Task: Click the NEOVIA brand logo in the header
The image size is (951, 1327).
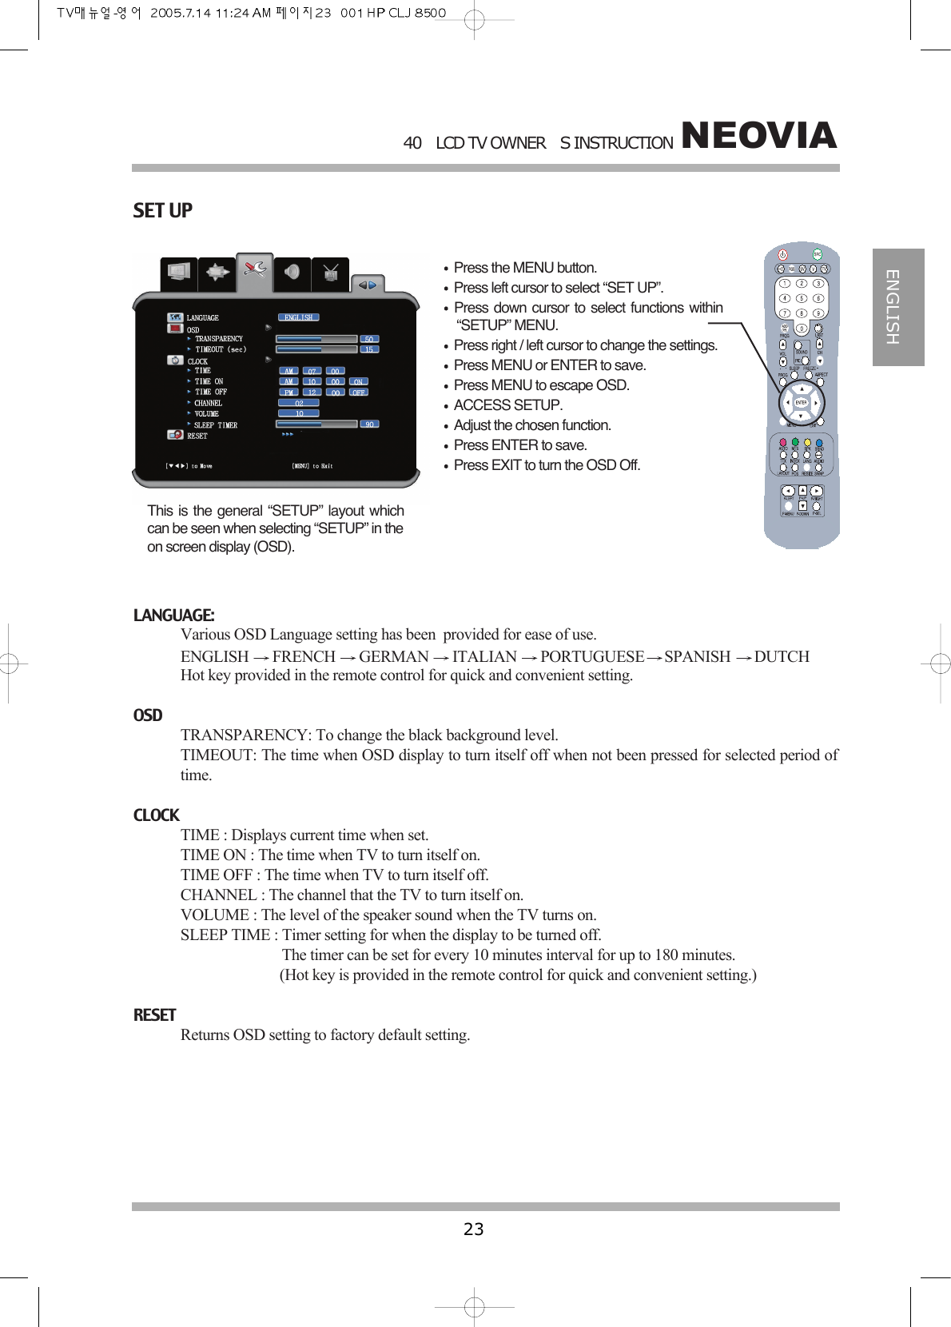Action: coord(758,135)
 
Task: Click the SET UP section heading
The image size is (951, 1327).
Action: coord(162,210)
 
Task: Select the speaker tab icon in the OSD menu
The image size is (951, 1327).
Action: coord(292,272)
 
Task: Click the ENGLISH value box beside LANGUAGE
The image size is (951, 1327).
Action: coord(299,317)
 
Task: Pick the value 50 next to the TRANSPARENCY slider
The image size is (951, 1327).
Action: coord(369,339)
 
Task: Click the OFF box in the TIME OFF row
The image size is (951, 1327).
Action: coord(359,393)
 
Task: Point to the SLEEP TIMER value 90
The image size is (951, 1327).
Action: coord(369,424)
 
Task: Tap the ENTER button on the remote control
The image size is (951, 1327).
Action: coord(801,402)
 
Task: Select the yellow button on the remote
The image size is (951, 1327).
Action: coord(807,442)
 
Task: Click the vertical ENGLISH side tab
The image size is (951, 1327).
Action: coord(897,307)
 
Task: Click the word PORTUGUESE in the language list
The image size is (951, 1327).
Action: coord(591,656)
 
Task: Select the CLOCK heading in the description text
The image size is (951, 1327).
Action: coord(156,815)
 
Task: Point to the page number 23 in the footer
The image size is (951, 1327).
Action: coord(474,1229)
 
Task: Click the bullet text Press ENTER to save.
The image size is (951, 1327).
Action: coord(519,445)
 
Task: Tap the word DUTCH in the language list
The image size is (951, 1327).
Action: coord(782,656)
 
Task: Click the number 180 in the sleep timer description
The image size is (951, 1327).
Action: coord(669,955)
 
